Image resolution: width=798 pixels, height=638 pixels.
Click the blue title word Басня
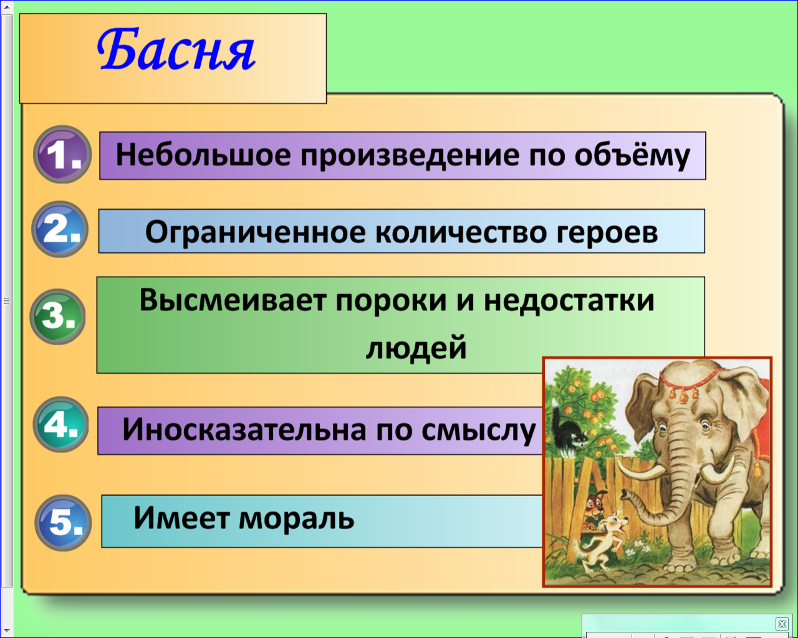[x=176, y=49]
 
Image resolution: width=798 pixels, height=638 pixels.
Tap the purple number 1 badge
[x=62, y=155]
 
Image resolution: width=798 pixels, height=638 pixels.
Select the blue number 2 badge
[x=60, y=229]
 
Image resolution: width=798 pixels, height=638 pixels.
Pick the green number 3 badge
[x=57, y=317]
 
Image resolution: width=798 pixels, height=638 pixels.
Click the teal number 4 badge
[x=61, y=424]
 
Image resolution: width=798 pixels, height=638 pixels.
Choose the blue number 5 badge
[x=63, y=523]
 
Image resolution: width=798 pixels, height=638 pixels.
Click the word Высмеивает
[x=233, y=300]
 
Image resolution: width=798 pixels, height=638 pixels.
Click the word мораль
[x=296, y=518]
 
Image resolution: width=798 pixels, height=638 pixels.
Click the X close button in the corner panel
[x=782, y=624]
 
